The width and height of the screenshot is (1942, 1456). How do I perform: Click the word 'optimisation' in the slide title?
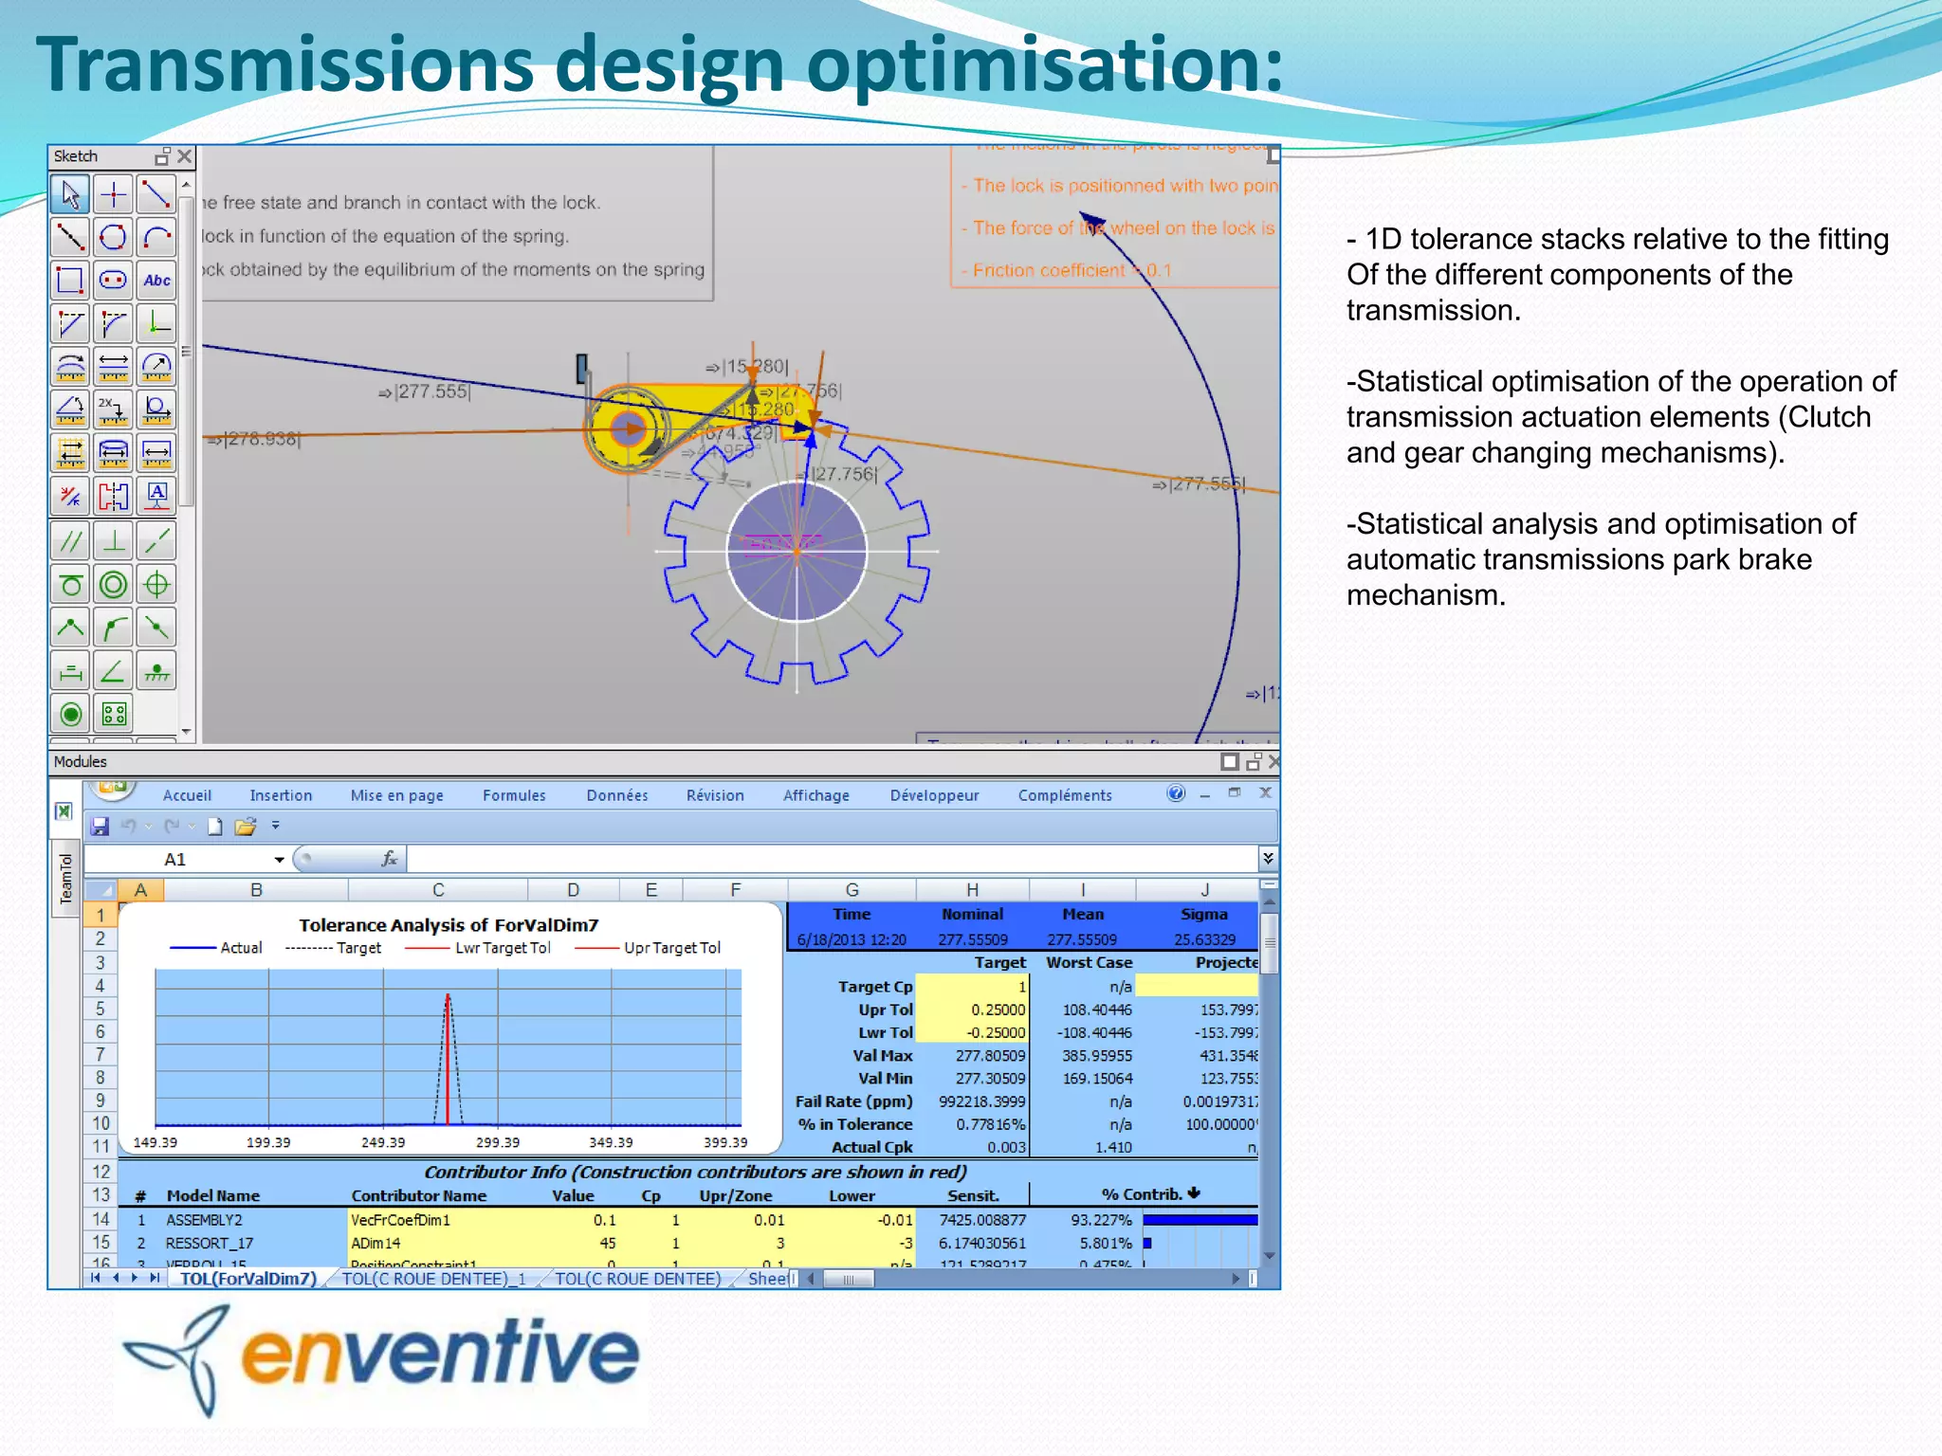[1043, 64]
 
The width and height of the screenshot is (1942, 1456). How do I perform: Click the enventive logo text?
[441, 1353]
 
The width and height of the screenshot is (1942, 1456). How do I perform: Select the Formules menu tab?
[514, 795]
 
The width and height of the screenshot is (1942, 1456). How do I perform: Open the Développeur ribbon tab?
[934, 795]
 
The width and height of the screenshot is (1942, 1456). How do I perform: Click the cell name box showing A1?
[190, 859]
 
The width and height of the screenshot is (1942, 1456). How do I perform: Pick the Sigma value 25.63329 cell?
[1204, 939]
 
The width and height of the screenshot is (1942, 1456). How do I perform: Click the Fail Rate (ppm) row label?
[853, 1101]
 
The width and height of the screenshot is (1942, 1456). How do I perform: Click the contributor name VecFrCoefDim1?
[400, 1220]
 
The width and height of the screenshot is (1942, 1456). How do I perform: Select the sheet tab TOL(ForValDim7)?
[247, 1279]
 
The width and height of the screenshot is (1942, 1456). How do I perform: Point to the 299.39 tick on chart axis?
[498, 1142]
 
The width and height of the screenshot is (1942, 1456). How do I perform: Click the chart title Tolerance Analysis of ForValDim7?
[449, 925]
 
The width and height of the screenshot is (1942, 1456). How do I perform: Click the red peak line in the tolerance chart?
[448, 1062]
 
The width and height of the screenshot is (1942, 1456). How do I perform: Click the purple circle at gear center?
[797, 551]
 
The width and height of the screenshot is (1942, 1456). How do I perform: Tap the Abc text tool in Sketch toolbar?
[156, 281]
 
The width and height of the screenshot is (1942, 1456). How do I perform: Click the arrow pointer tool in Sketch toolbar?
[70, 194]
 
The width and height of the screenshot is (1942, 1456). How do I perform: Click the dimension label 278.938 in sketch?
[260, 439]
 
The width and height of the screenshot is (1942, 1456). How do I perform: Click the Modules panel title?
[81, 761]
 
